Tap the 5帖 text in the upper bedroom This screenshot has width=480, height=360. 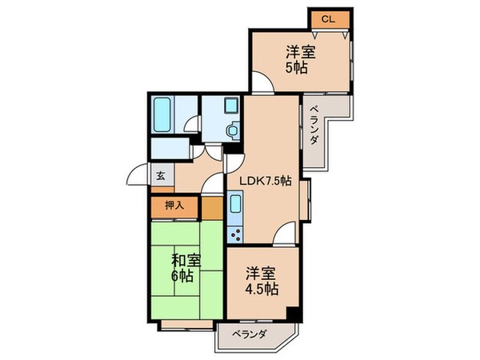pos(300,68)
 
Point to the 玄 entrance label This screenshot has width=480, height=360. pos(160,177)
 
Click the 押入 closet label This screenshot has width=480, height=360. pos(174,206)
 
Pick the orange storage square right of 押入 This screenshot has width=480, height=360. pos(211,207)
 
